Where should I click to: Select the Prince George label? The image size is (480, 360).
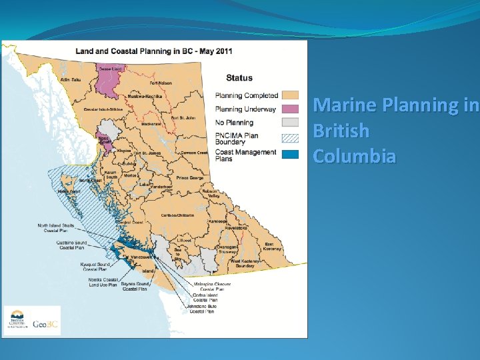coord(190,178)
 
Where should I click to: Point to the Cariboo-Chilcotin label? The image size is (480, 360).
coord(177,215)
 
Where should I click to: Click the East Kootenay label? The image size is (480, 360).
coord(269,247)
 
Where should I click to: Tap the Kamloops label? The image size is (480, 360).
coord(218,221)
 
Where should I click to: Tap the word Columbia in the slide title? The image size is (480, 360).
coord(354,156)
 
